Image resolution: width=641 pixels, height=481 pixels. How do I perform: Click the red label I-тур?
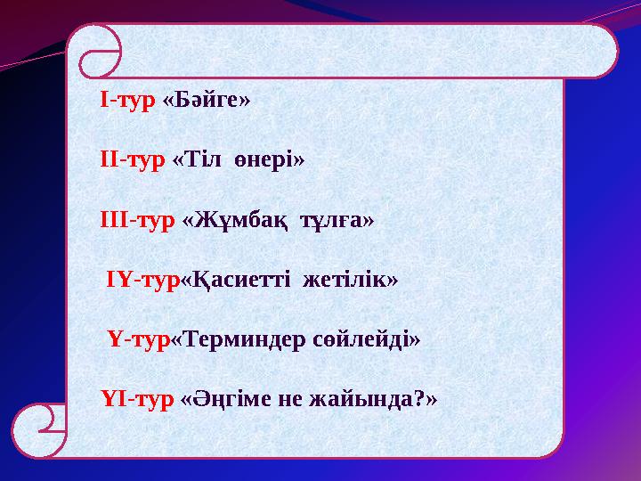pyautogui.click(x=129, y=99)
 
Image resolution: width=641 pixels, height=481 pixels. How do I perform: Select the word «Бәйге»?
pyautogui.click(x=207, y=99)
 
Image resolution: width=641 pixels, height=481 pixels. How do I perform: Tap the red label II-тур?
pyautogui.click(x=133, y=159)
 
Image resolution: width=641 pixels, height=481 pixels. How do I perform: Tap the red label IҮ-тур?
pyautogui.click(x=143, y=280)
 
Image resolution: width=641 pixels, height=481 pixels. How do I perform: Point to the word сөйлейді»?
pyautogui.click(x=366, y=339)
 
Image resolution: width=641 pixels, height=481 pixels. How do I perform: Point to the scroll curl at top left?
pyautogui.click(x=99, y=52)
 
